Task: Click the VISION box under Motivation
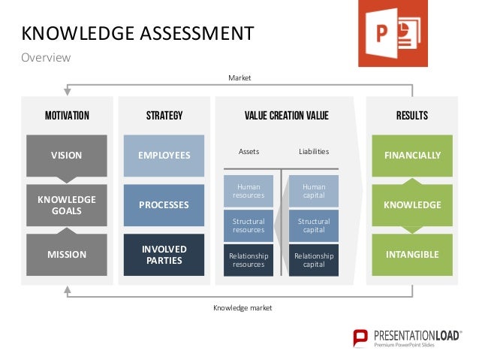[66, 156]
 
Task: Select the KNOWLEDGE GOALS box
[66, 204]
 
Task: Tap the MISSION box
[66, 254]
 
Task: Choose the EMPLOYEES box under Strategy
[164, 156]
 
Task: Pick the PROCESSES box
[164, 204]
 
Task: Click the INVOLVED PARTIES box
[164, 254]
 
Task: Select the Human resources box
[249, 192]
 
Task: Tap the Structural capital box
[313, 225]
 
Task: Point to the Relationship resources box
[249, 260]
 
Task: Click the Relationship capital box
[313, 260]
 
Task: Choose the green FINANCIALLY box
[412, 156]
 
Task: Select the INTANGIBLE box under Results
[412, 254]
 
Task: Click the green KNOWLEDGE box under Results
[412, 204]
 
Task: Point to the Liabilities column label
[313, 152]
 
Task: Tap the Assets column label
[249, 152]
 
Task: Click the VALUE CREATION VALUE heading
[286, 116]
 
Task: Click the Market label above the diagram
[239, 77]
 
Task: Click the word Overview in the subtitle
[45, 58]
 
